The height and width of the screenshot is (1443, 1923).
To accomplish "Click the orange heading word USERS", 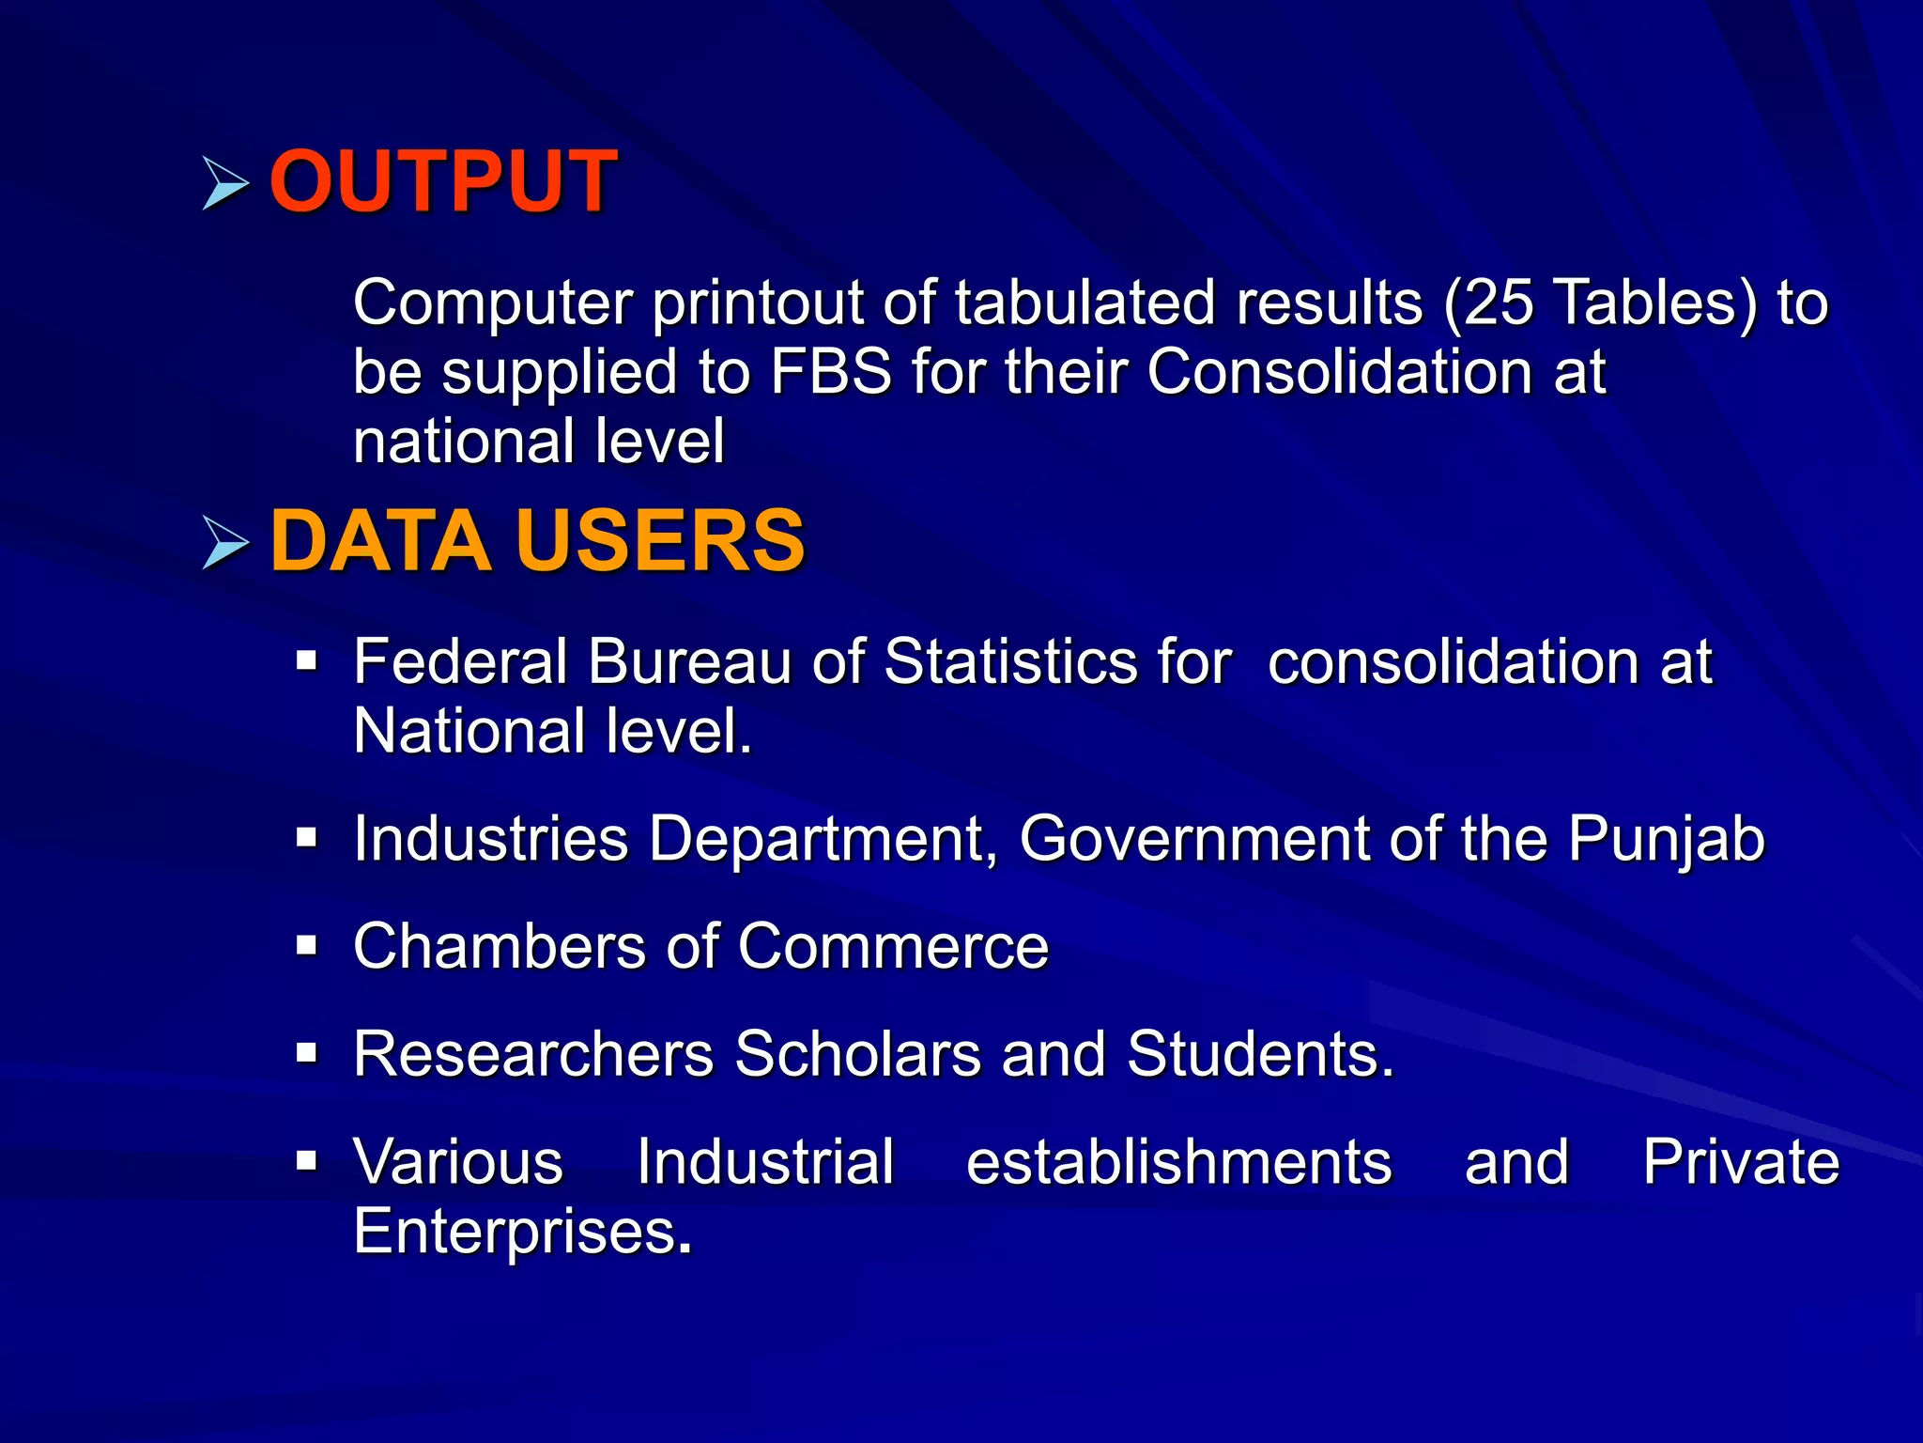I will [x=660, y=541].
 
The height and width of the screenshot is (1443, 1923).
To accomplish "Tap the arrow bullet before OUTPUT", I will [x=225, y=183].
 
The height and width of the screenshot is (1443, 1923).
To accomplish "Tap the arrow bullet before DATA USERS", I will [x=225, y=544].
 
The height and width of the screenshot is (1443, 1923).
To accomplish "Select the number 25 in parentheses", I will [x=1499, y=303].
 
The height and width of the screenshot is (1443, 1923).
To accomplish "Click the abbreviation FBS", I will [x=830, y=372].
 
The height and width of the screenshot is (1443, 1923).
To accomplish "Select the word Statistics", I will [x=1057, y=662].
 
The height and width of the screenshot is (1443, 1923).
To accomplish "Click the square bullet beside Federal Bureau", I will [x=307, y=662].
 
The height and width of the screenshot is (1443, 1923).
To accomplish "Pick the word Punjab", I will [x=1667, y=839].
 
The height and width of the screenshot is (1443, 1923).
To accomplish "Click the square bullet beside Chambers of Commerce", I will [x=307, y=945].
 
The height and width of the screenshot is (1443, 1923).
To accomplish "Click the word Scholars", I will [x=857, y=1054].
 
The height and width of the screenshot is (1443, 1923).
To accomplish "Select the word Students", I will [x=1260, y=1054].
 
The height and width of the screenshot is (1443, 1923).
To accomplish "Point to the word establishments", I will [x=1178, y=1163].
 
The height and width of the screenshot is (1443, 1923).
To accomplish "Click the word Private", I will [x=1740, y=1163].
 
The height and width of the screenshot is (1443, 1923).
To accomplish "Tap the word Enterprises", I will [x=522, y=1233].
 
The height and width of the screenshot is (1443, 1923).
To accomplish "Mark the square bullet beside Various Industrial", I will [x=307, y=1162].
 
